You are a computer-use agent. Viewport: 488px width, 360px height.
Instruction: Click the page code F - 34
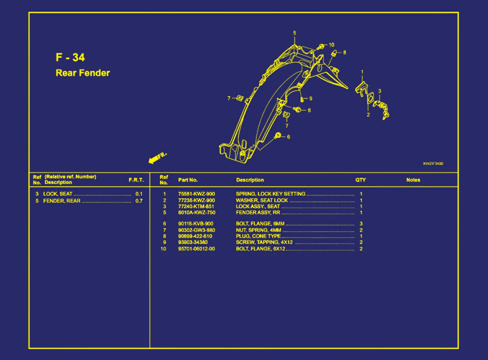point(70,57)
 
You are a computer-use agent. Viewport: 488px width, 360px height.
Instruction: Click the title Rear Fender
point(83,73)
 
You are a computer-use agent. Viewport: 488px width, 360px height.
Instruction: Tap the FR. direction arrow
point(157,157)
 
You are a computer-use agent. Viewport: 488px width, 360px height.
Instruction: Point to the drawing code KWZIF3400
point(433,164)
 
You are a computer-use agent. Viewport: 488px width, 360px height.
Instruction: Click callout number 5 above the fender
point(294,33)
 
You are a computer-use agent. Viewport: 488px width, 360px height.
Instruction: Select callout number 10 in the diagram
point(332,45)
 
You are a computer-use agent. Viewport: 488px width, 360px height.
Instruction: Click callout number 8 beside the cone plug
point(345,52)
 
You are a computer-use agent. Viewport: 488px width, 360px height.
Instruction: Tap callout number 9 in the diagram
point(310,99)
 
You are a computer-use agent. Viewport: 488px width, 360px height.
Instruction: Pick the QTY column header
point(361,180)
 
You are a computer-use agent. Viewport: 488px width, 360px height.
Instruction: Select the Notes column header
point(413,180)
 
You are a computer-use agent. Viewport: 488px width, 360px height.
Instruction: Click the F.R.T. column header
point(136,180)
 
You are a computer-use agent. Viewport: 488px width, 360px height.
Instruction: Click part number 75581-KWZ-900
point(196,194)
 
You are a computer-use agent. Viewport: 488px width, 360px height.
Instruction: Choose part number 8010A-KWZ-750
point(197,212)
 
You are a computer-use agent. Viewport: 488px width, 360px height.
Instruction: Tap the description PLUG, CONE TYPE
point(258,236)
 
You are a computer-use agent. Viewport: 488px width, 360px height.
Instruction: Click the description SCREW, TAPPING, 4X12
point(264,242)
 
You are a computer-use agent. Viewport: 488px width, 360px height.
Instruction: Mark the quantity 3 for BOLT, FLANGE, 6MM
point(361,224)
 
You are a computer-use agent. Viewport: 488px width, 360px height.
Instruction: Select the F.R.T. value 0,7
point(139,201)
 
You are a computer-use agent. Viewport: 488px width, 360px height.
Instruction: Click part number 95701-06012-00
point(196,249)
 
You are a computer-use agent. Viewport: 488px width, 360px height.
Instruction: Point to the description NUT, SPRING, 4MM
point(259,230)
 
